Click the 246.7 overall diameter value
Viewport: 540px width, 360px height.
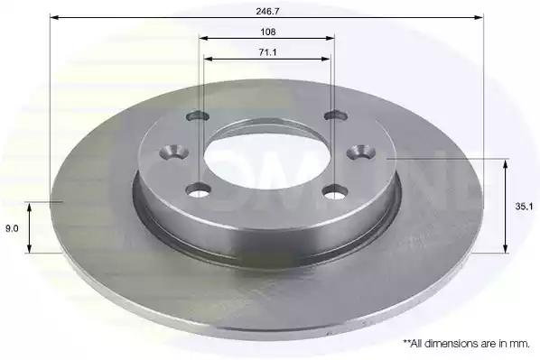click(267, 11)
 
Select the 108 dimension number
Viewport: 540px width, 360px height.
click(268, 32)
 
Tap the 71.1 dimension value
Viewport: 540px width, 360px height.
click(267, 52)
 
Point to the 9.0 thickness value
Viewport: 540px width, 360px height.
click(12, 228)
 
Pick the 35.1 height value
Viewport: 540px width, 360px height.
click(524, 207)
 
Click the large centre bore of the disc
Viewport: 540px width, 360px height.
click(266, 158)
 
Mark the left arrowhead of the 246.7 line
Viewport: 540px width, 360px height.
click(54, 17)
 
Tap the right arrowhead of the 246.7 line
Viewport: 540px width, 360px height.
click(479, 17)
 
